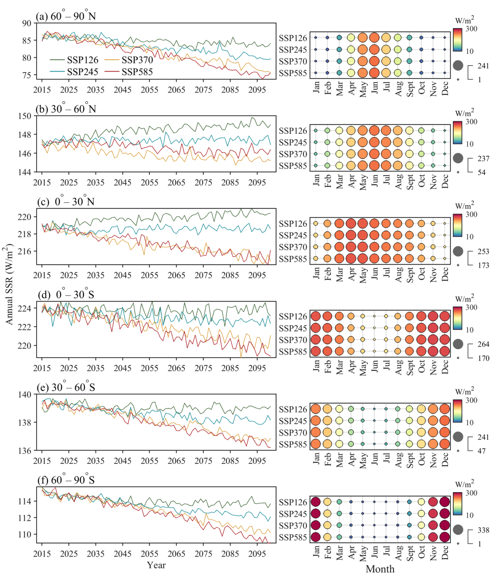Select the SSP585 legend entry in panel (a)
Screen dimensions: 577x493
click(x=137, y=72)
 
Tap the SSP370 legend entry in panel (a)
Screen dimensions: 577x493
click(x=137, y=60)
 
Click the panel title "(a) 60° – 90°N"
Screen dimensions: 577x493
click(x=67, y=17)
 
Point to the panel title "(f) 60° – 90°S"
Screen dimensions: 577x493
click(x=66, y=480)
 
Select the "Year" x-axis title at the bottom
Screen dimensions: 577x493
click(x=156, y=565)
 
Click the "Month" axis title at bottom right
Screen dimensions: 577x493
click(x=380, y=569)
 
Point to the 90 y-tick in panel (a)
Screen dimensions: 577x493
click(x=27, y=23)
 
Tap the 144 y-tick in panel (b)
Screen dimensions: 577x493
click(x=26, y=172)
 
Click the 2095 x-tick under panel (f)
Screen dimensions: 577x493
click(x=257, y=554)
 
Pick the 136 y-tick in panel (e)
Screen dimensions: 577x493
click(x=26, y=451)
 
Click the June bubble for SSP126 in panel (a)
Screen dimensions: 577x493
click(x=375, y=38)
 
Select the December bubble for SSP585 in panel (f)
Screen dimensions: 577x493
click(x=445, y=537)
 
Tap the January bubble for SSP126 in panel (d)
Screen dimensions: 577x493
click(x=315, y=316)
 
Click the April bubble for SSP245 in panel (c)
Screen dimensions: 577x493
click(x=351, y=235)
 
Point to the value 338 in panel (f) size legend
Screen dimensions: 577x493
click(x=483, y=530)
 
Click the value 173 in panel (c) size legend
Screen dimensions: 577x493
click(x=483, y=265)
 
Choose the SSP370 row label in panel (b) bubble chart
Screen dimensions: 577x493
click(x=293, y=154)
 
